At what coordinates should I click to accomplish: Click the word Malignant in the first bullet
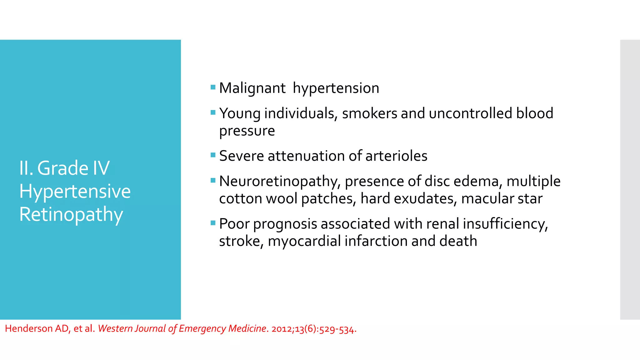(252, 88)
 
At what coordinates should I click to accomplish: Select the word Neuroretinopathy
(280, 182)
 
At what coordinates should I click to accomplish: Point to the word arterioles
(396, 156)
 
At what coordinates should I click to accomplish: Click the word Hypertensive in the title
(75, 191)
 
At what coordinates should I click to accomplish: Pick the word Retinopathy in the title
(71, 215)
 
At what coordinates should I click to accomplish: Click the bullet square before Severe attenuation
(213, 155)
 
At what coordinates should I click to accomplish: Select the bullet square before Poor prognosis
(213, 223)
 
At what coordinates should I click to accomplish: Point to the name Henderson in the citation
(29, 329)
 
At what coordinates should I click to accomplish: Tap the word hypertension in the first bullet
(336, 88)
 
